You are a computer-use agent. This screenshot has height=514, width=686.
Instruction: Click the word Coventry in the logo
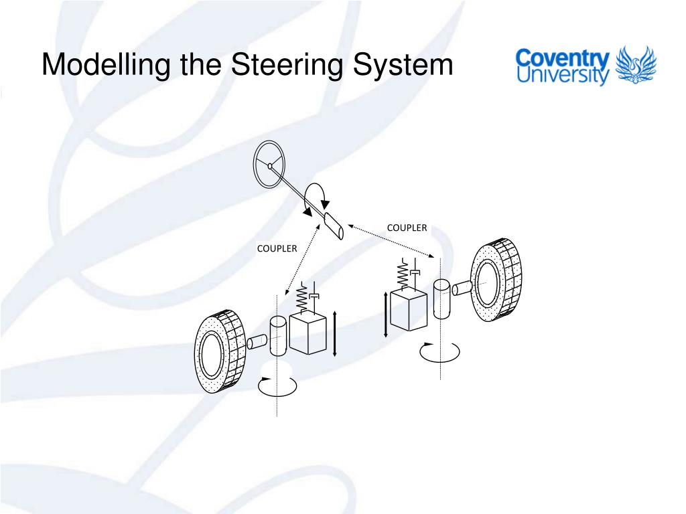(x=562, y=58)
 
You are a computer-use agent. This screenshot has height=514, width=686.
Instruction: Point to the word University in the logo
(x=562, y=76)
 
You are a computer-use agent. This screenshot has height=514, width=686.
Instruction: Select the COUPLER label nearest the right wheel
(x=407, y=228)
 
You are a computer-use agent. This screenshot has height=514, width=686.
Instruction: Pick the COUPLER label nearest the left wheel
(x=277, y=248)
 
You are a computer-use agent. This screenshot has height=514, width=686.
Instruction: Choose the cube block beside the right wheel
(x=408, y=309)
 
